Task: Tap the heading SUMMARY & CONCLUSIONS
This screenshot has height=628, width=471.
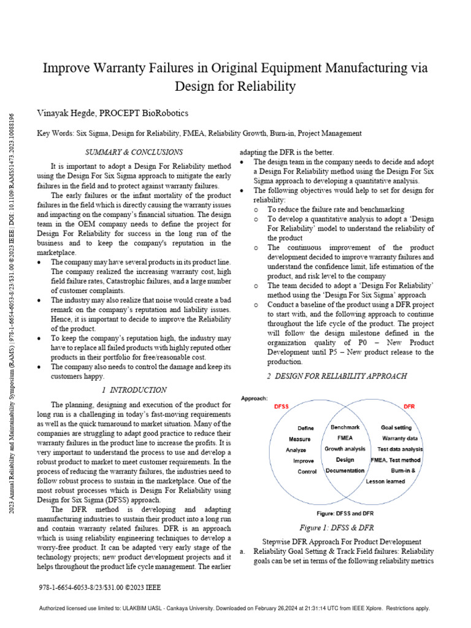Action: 133,151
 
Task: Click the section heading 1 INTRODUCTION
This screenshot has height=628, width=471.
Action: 134,389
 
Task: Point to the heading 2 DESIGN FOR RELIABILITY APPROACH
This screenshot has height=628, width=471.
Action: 337,375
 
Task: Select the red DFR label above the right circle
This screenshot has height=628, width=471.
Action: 409,406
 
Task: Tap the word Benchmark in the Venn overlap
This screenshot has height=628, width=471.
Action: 345,427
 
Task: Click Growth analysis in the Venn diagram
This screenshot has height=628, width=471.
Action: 345,449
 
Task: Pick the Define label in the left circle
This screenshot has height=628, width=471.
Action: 305,428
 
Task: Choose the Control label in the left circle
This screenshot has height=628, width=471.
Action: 307,472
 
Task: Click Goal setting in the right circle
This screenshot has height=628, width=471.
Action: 396,427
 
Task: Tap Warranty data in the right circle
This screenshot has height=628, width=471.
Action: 400,438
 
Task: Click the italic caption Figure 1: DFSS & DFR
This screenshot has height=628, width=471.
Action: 336,527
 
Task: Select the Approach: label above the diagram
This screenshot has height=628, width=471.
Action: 254,397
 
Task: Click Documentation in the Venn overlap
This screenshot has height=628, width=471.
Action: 345,470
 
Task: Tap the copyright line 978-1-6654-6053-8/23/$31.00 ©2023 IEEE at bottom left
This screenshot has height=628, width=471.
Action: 99,587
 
